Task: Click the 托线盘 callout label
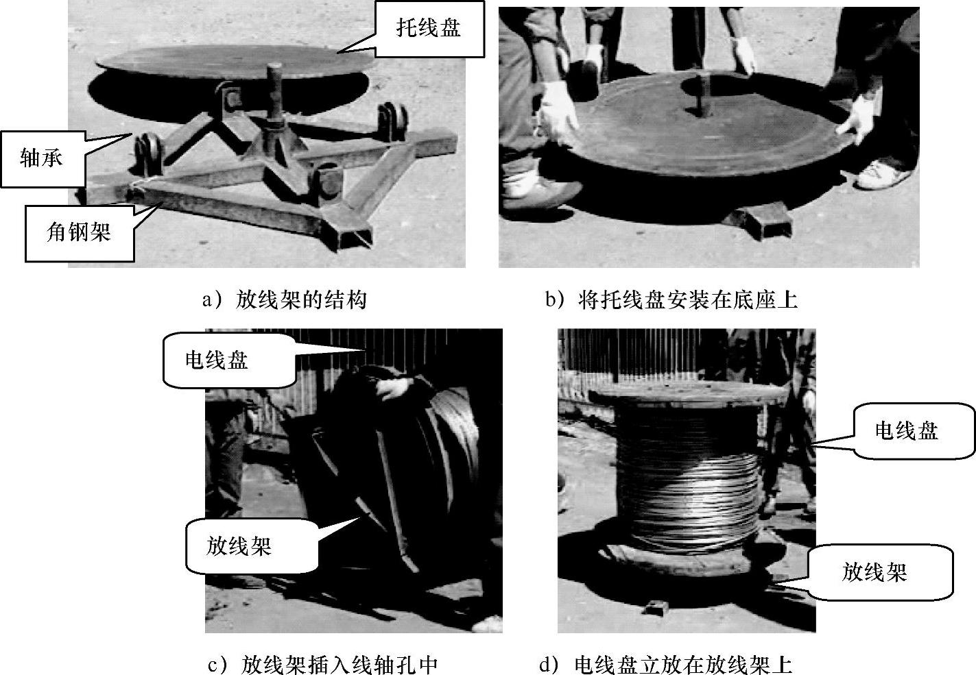[429, 29]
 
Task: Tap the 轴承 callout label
[43, 158]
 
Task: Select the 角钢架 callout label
[80, 233]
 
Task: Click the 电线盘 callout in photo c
[230, 360]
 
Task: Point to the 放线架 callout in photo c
[252, 545]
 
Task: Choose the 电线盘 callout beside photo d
[914, 431]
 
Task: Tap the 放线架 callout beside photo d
[880, 572]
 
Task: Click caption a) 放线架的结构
[284, 300]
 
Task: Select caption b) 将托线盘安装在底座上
[671, 300]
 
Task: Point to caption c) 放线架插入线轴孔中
[323, 664]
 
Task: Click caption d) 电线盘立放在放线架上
[665, 664]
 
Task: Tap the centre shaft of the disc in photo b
[702, 95]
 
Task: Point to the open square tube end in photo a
[355, 238]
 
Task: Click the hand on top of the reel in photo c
[394, 387]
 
